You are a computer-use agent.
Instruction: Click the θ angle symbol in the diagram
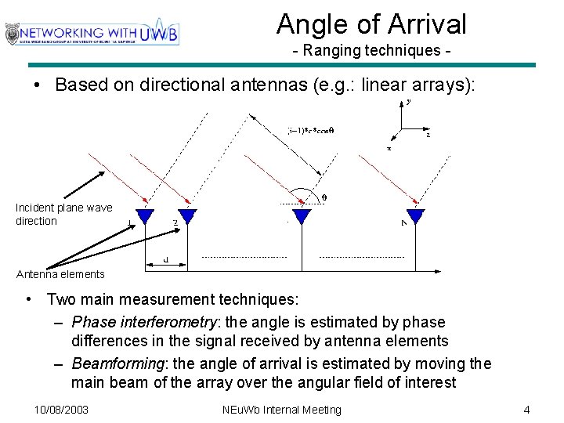click(x=324, y=198)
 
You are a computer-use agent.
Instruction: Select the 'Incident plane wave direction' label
click(x=63, y=214)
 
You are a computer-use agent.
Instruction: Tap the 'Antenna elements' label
click(x=60, y=274)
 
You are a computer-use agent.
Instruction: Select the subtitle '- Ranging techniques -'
click(x=371, y=50)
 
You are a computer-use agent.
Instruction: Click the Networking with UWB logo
click(x=92, y=33)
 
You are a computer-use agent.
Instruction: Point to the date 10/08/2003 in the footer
click(x=62, y=410)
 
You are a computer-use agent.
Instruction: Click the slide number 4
click(x=527, y=410)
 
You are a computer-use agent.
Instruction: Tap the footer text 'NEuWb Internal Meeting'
click(x=282, y=410)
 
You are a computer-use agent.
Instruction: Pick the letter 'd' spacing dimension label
click(x=166, y=259)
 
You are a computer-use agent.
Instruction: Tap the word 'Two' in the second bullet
click(x=60, y=299)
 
